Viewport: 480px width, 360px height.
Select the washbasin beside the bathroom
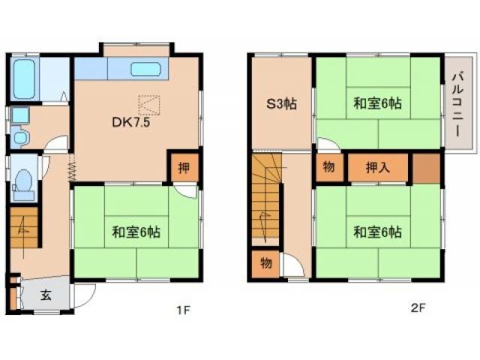click(x=19, y=116)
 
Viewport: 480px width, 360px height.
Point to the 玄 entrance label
click(x=45, y=295)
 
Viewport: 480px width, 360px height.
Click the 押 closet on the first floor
click(x=184, y=166)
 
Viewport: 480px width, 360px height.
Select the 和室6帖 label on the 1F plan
click(x=135, y=230)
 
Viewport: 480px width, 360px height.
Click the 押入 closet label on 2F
click(x=378, y=166)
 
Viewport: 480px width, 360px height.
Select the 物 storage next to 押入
click(x=328, y=166)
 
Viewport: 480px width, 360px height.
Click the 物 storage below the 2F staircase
click(x=266, y=264)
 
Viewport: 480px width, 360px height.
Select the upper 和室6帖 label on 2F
click(x=377, y=104)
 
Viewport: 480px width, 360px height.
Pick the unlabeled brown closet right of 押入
click(x=426, y=168)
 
